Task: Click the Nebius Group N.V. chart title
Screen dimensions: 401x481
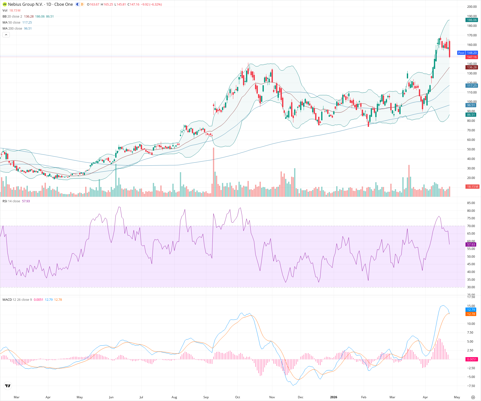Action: [x=40, y=4]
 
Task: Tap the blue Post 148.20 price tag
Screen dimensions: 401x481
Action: [x=468, y=53]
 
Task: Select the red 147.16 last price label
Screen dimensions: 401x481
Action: [x=472, y=57]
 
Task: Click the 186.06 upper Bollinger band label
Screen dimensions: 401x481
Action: [x=472, y=20]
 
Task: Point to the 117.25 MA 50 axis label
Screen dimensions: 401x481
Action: [x=472, y=86]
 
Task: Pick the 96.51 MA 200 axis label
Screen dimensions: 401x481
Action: [x=471, y=105]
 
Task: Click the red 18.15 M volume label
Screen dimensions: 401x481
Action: [x=472, y=187]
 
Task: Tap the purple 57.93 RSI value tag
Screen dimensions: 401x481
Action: [x=471, y=244]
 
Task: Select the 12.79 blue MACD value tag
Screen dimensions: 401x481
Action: [x=471, y=310]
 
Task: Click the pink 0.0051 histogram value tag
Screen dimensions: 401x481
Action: [x=472, y=359]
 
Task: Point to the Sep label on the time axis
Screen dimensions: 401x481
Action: [x=206, y=397]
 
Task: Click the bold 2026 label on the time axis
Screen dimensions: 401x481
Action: [x=333, y=397]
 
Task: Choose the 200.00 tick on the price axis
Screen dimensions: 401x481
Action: [x=472, y=7]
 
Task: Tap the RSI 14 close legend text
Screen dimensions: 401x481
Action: [x=11, y=201]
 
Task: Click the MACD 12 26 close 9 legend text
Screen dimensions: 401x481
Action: [x=17, y=300]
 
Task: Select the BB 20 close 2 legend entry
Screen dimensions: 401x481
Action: [x=12, y=17]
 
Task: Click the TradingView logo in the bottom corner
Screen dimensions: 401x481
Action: [x=8, y=386]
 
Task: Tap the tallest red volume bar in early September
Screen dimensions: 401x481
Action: [x=214, y=173]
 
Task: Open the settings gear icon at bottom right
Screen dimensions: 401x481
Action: [x=473, y=397]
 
